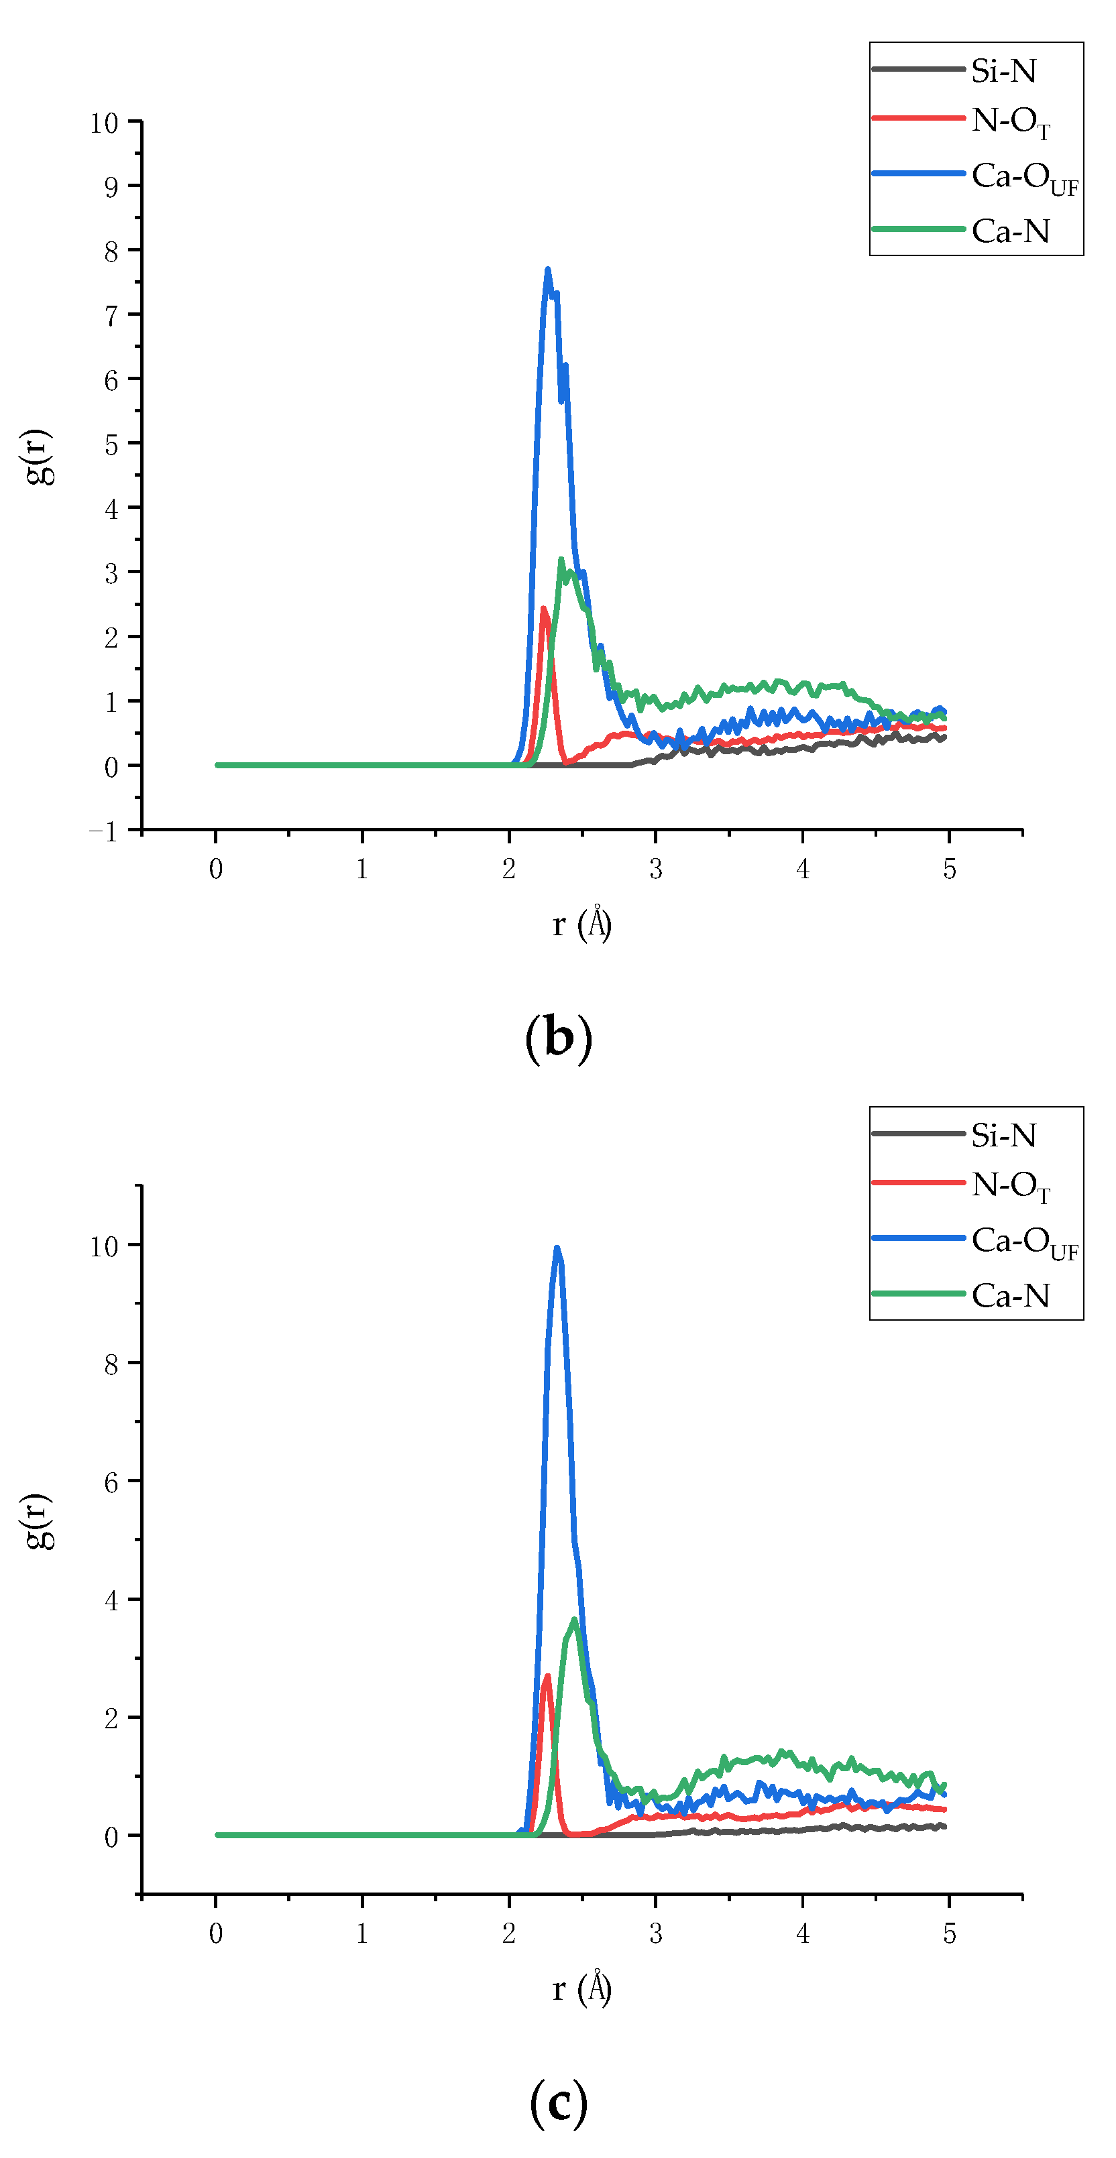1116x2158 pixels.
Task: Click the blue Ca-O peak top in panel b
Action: pos(547,271)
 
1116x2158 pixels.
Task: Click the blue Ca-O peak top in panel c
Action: pos(557,1249)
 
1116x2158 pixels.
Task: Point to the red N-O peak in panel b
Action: pos(543,609)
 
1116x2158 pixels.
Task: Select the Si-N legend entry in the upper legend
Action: pos(1003,71)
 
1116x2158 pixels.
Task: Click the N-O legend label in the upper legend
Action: pos(1009,121)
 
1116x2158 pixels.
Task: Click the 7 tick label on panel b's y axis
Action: pos(111,316)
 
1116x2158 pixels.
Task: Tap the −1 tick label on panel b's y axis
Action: pos(104,832)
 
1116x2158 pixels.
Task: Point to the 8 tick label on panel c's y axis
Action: pos(111,1366)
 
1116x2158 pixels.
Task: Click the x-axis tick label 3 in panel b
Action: pos(655,870)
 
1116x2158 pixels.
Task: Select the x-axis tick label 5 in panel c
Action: pos(948,1933)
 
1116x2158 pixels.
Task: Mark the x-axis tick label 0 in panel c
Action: pos(215,1933)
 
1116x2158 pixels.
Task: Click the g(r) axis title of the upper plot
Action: pos(38,457)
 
